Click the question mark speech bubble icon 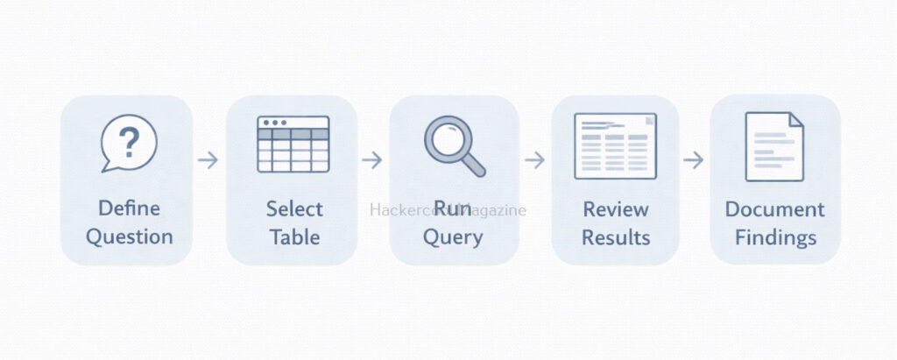[x=129, y=143]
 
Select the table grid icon [x=293, y=144]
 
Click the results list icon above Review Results [x=615, y=145]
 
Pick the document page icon [x=774, y=146]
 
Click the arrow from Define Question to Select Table [x=208, y=160]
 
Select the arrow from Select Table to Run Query [x=371, y=160]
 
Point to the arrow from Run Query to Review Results [x=534, y=160]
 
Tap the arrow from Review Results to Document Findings [x=694, y=160]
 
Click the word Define [x=129, y=209]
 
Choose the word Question [x=129, y=236]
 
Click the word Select [x=294, y=209]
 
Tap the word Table [x=294, y=236]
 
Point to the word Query [x=452, y=236]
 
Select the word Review [x=616, y=209]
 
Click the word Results [x=616, y=236]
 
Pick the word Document [x=774, y=209]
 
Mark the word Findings [x=774, y=236]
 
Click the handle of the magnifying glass [x=473, y=163]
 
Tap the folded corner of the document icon [x=795, y=120]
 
